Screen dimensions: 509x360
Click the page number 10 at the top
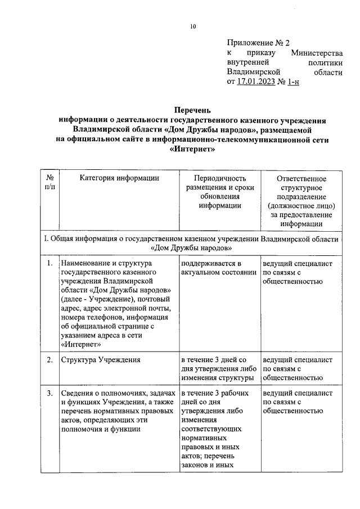coord(192,26)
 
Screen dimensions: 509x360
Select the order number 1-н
coord(293,82)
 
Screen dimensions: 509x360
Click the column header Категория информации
coord(119,178)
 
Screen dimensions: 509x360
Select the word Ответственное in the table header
coord(301,179)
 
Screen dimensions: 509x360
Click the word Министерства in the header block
coord(317,53)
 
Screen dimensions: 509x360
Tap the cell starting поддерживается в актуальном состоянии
coord(216,268)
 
